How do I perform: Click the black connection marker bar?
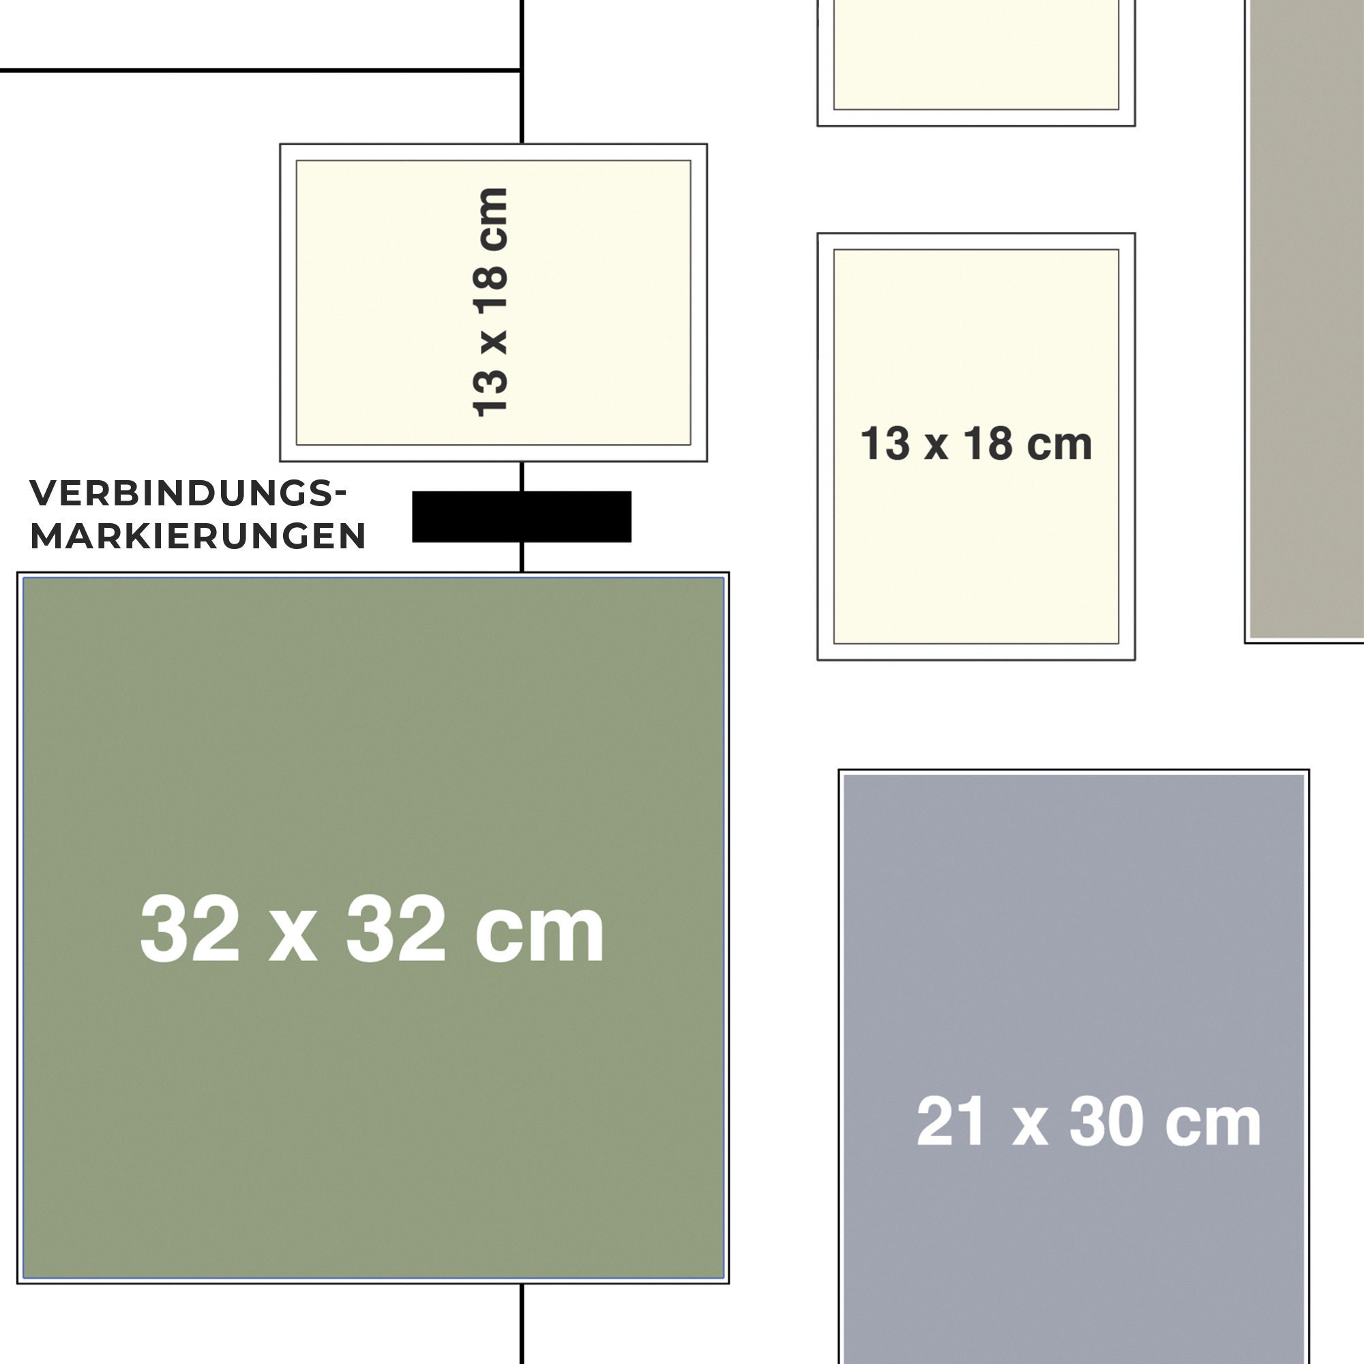coord(521,517)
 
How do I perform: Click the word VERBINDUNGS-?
coord(188,493)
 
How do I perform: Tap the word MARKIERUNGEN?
coord(198,536)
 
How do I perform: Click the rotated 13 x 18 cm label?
coord(490,302)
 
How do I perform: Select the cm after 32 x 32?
coord(540,936)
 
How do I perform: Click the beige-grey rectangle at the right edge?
coord(1305,321)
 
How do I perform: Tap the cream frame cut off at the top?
coord(976,63)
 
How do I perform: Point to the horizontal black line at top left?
coord(261,70)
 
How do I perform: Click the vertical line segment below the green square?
coord(522,1324)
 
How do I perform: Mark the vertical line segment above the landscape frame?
coord(522,72)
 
